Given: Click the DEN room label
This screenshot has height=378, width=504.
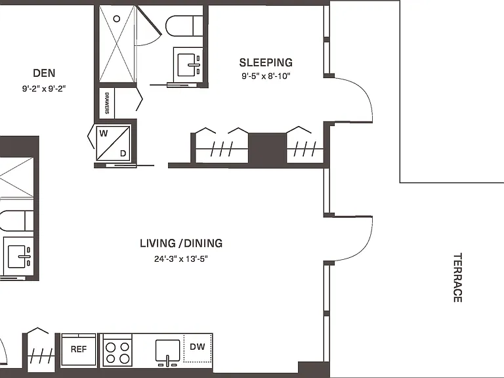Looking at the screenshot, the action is (44, 73).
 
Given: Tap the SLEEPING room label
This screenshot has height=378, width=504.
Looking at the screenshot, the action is (266, 62).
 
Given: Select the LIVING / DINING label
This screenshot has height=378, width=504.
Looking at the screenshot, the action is (181, 243).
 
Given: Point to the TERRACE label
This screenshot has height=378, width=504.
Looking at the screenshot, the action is (457, 278).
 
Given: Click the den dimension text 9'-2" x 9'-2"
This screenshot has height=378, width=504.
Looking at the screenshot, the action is (44, 89).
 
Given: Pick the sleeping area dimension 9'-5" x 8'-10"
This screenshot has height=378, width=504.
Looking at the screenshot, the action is (266, 76).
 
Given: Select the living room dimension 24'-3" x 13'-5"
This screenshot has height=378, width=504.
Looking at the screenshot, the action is (181, 259).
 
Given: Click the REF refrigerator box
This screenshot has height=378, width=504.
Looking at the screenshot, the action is (79, 350).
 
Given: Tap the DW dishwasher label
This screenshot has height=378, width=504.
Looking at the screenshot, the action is (197, 346).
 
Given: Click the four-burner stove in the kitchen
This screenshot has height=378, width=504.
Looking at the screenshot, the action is (117, 350).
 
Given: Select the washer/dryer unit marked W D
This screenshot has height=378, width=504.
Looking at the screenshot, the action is (113, 142).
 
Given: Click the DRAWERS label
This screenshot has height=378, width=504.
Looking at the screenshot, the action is (107, 103).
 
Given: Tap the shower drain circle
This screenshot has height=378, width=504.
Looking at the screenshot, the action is (117, 18).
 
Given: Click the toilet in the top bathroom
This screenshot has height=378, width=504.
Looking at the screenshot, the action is (184, 26).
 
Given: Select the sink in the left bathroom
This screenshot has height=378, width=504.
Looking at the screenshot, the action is (18, 257).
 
